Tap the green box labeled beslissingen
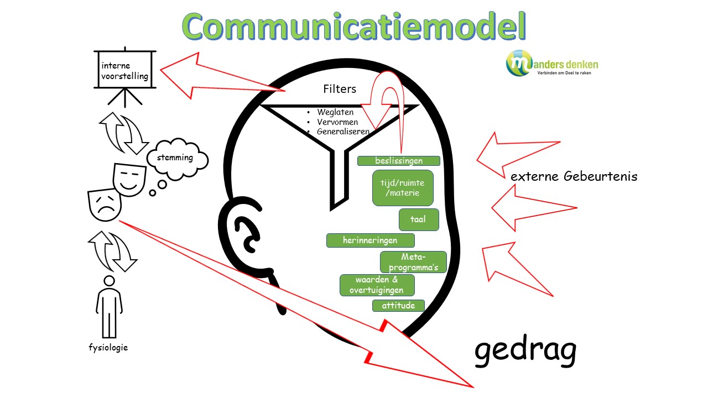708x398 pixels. coord(398,161)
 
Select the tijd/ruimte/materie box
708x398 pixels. coord(402,188)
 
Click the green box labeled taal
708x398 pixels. coord(419,219)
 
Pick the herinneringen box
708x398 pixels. coord(370,240)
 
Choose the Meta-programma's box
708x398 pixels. coord(413,262)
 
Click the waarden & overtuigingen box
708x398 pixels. coord(377,285)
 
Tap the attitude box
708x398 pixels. coord(398,305)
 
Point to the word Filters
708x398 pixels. coord(340,89)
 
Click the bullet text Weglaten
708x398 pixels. coord(335,112)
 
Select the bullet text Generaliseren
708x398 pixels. coord(343,132)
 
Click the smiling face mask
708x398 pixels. coord(128,179)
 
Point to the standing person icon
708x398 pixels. coord(109,307)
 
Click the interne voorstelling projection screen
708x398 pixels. coord(125,70)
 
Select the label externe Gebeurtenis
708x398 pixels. coord(574,177)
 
